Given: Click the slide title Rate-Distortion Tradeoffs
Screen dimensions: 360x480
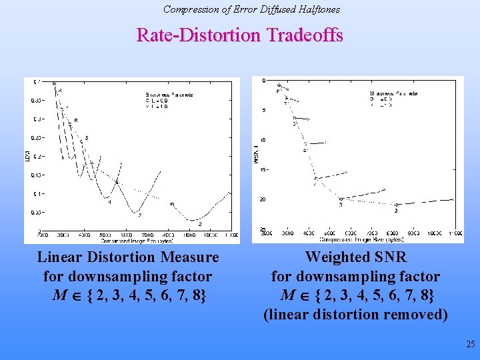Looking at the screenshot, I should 240,35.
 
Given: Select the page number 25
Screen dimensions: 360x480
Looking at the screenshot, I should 471,345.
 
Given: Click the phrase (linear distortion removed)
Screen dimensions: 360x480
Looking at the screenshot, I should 356,315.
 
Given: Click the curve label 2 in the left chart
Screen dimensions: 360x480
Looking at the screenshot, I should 199,225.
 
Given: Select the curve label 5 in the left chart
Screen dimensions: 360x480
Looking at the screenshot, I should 87,138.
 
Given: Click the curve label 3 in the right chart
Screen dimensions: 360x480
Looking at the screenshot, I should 340,205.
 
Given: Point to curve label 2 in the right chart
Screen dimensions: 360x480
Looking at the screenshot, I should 396,211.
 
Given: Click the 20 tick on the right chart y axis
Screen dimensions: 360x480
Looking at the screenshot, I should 263,199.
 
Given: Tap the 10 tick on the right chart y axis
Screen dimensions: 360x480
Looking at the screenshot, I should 263,140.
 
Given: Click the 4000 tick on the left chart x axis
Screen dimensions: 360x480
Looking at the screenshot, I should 85,235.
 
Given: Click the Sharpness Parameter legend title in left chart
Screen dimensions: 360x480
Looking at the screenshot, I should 169,95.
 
